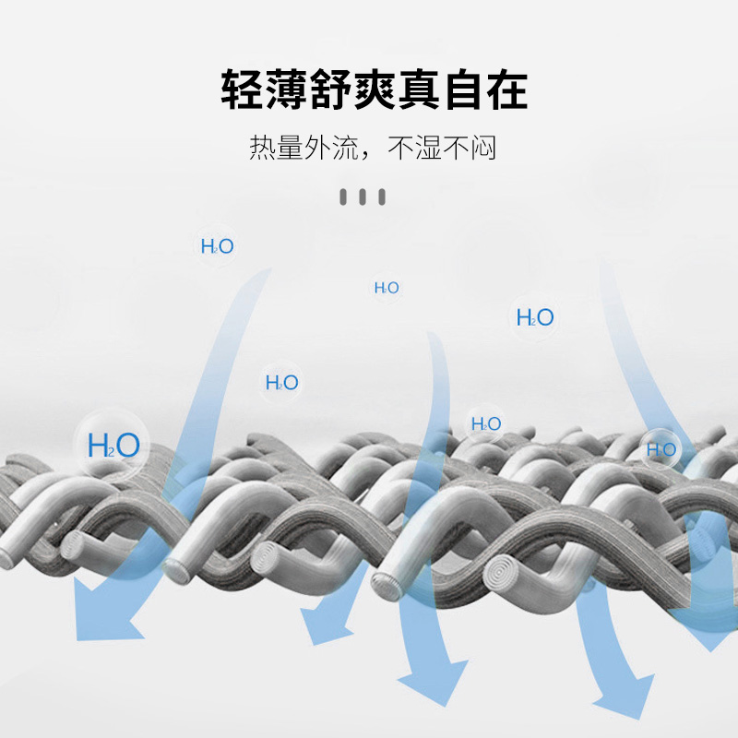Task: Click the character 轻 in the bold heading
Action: tap(242, 89)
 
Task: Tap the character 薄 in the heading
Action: tap(286, 89)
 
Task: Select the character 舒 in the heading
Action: tap(330, 89)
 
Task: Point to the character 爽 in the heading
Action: tap(375, 89)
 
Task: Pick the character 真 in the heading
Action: tap(419, 89)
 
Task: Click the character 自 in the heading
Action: tap(463, 89)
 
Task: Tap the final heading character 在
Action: tap(507, 89)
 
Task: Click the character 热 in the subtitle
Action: tap(262, 148)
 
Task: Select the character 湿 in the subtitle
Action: tap(428, 148)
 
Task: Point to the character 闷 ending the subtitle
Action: tap(483, 148)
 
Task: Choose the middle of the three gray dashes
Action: tap(363, 196)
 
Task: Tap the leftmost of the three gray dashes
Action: tap(343, 196)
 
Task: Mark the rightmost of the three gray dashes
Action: tap(382, 196)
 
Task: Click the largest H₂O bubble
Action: tap(113, 445)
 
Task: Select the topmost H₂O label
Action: tap(217, 246)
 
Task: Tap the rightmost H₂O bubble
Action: tap(661, 449)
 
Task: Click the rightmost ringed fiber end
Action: tap(502, 573)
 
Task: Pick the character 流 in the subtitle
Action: tap(345, 148)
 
